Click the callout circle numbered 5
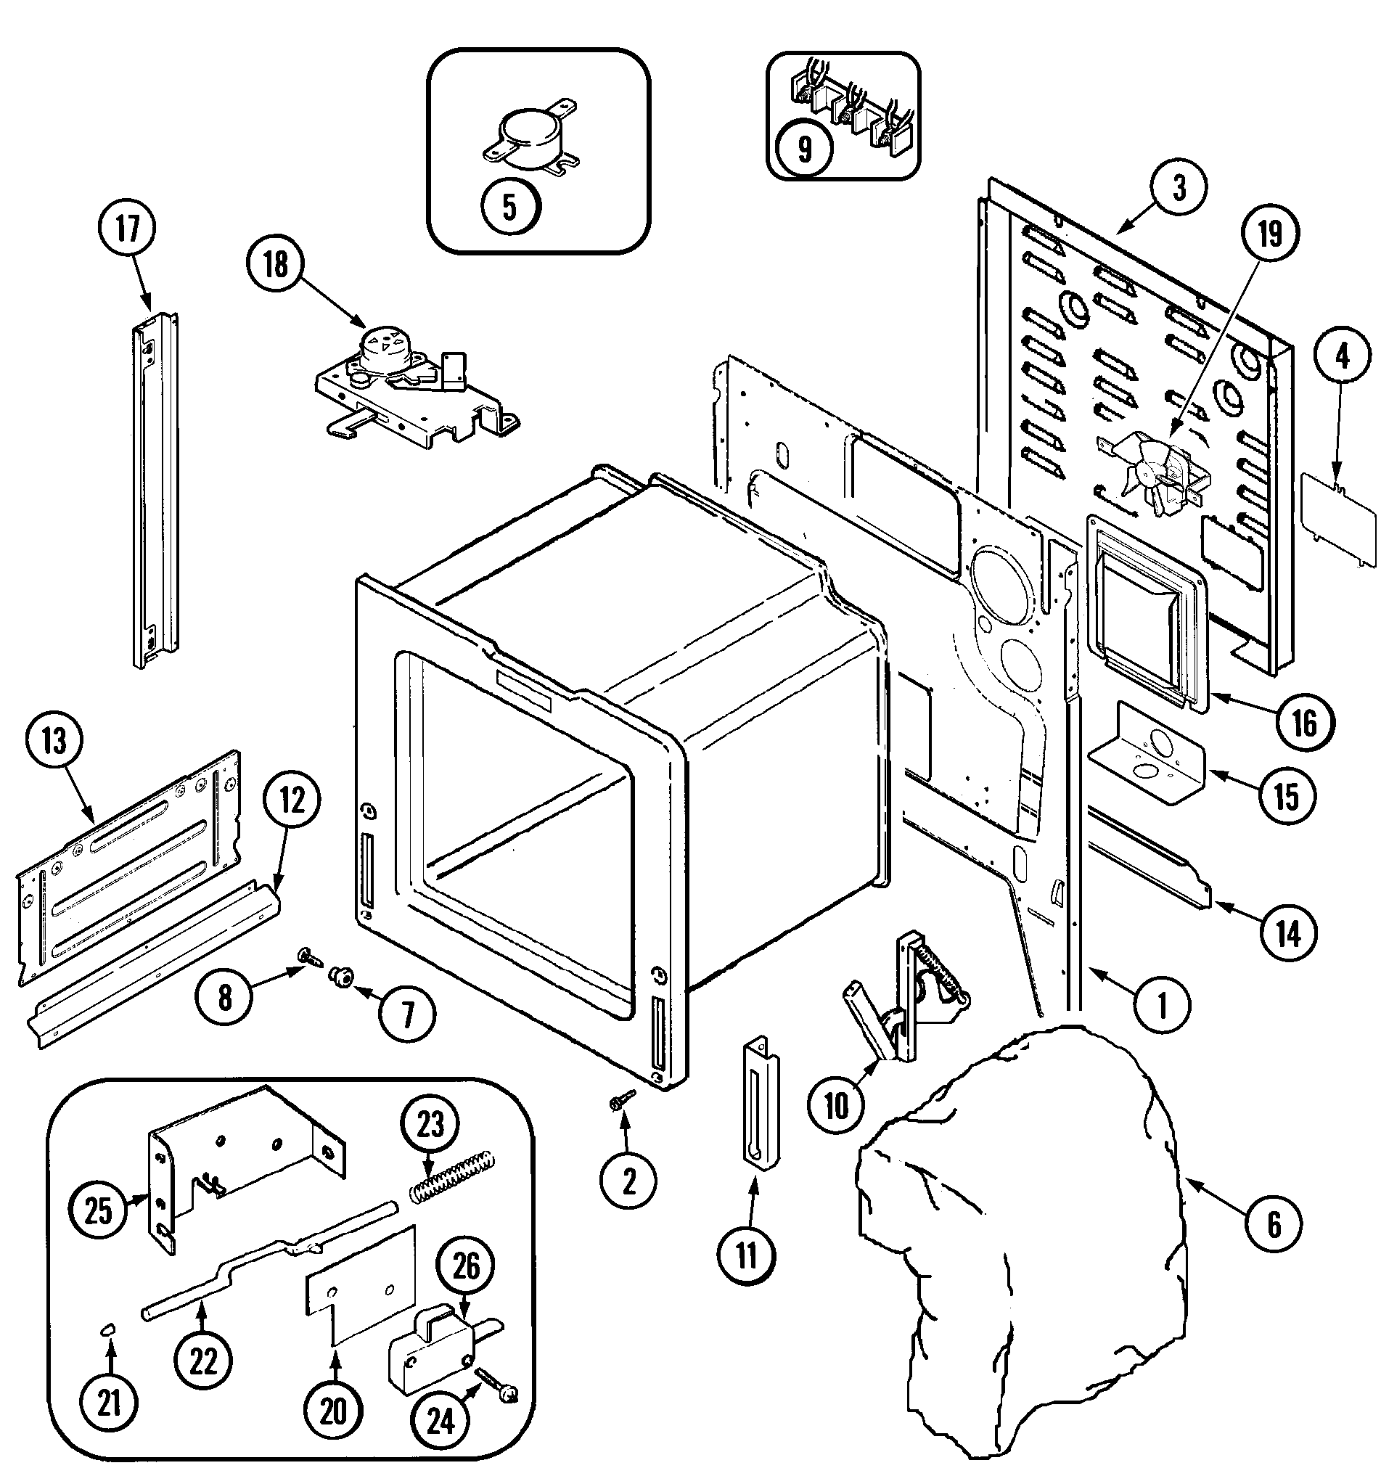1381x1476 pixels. [509, 207]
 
